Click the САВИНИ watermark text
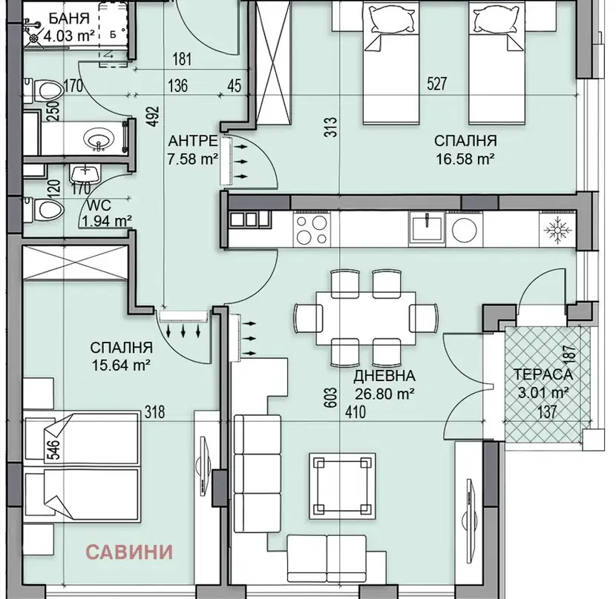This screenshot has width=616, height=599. click(x=129, y=552)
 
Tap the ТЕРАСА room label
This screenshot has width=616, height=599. click(x=543, y=374)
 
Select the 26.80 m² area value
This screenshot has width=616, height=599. click(x=384, y=394)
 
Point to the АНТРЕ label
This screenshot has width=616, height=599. click(x=192, y=141)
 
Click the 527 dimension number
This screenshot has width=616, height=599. click(x=437, y=84)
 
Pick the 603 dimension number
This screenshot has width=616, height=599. click(x=331, y=397)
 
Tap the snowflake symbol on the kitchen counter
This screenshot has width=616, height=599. click(x=557, y=229)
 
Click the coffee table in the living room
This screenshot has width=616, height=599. click(x=342, y=486)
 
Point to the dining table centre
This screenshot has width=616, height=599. click(x=366, y=318)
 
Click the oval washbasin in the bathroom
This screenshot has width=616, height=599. click(x=99, y=139)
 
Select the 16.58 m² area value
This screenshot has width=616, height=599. click(x=465, y=159)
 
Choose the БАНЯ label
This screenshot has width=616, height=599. click(x=69, y=19)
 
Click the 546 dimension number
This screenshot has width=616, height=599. click(x=55, y=449)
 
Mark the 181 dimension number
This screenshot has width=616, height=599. click(x=182, y=59)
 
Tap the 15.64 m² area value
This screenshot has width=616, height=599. click(x=121, y=365)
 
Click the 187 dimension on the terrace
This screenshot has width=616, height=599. click(x=570, y=354)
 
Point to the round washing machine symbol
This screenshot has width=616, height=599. click(x=464, y=229)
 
